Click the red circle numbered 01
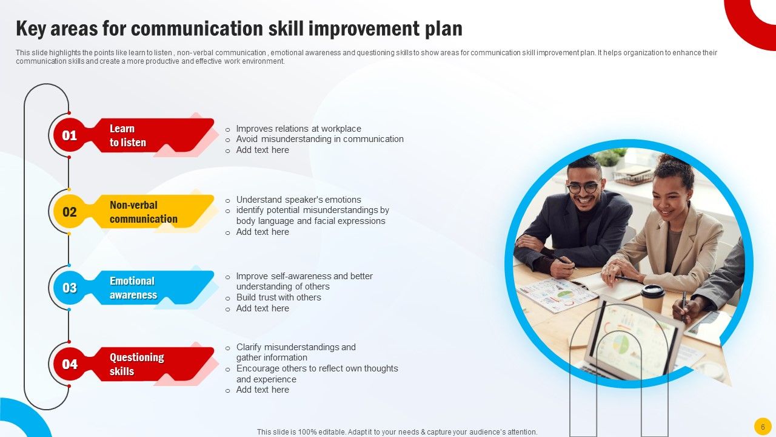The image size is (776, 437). click(70, 135)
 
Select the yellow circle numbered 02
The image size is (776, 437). click(70, 212)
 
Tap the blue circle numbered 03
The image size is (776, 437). click(70, 288)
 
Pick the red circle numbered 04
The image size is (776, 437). click(70, 364)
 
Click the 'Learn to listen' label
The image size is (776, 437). click(128, 135)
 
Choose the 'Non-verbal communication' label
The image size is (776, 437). click(144, 212)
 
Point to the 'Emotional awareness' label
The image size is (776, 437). click(133, 288)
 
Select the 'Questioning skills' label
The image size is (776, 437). click(136, 364)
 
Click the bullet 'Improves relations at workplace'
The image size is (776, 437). click(298, 129)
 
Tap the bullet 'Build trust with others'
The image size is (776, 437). click(278, 297)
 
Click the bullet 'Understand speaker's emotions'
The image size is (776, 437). click(298, 200)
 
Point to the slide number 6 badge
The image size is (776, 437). click(763, 426)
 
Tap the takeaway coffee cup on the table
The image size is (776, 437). click(652, 298)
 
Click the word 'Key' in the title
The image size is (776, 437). click(32, 29)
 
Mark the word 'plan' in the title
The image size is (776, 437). click(443, 29)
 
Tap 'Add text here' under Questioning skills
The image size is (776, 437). click(263, 390)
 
